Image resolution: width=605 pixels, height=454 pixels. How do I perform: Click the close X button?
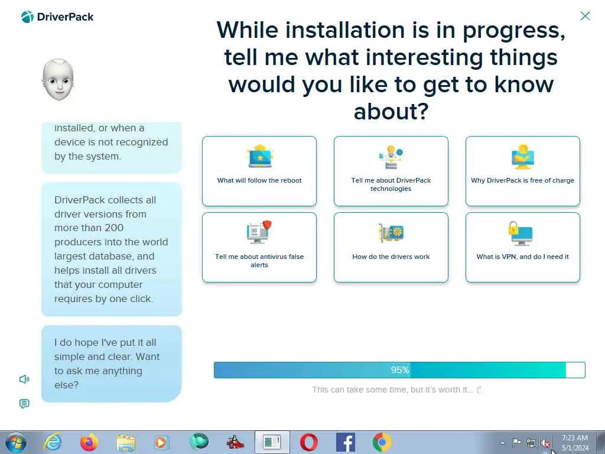(585, 16)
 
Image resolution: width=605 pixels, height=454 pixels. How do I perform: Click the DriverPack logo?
(57, 17)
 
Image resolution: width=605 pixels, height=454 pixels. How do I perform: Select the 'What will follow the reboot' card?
(259, 171)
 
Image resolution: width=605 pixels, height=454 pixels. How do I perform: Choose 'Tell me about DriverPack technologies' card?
(391, 171)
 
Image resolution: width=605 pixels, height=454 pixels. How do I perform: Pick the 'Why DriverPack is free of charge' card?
(523, 171)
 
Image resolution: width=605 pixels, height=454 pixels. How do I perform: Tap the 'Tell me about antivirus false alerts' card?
(259, 248)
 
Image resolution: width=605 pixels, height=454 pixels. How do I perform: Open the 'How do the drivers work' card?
(391, 248)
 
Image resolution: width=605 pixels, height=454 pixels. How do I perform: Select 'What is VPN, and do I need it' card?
(523, 248)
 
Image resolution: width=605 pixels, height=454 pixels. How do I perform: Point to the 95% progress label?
(400, 370)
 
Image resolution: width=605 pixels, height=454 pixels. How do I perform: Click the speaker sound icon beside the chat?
(24, 379)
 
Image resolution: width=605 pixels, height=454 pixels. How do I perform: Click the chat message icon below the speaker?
(24, 404)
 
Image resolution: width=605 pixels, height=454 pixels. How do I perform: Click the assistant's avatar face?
(58, 80)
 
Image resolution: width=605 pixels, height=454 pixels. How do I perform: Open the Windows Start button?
(16, 442)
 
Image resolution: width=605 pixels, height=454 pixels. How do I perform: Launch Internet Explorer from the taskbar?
(53, 442)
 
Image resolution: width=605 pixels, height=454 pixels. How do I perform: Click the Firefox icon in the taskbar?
(89, 442)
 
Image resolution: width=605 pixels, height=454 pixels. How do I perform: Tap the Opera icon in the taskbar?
(308, 442)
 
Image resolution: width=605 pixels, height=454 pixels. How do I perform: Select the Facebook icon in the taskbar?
(345, 442)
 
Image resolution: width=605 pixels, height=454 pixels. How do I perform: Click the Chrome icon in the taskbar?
(382, 442)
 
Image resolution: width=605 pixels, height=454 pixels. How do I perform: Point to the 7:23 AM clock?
(575, 438)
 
